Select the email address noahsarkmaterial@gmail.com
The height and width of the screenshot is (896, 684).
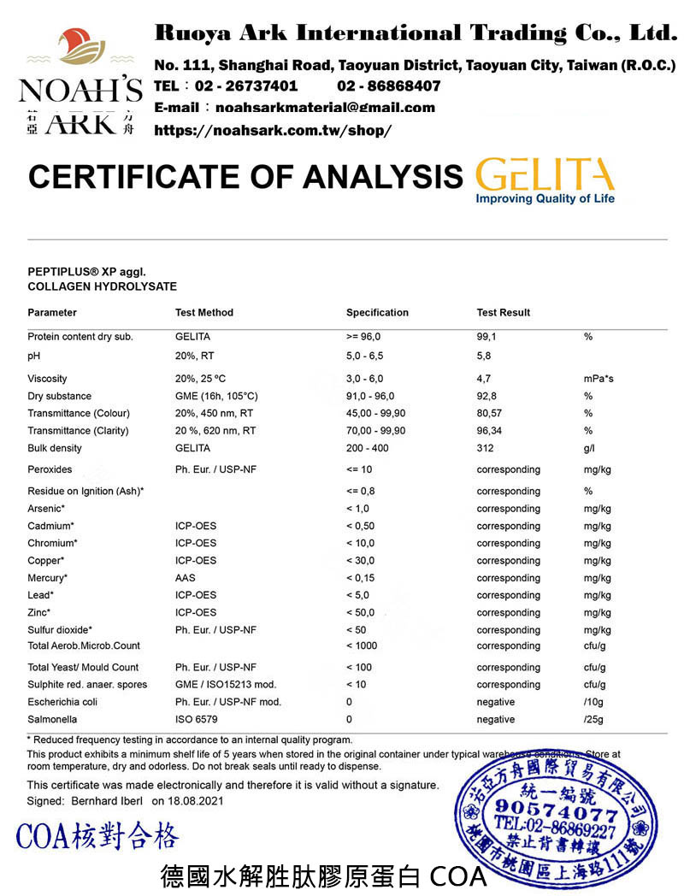[325, 108]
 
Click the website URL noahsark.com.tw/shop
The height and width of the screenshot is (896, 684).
[272, 131]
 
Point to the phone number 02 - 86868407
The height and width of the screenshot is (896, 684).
[389, 85]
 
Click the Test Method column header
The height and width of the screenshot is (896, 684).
[203, 312]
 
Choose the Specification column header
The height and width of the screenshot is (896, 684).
[377, 312]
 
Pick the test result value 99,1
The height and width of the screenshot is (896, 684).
[486, 337]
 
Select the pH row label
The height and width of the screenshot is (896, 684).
[34, 354]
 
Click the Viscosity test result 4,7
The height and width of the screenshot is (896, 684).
[483, 379]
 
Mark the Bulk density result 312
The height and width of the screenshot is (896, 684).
[485, 448]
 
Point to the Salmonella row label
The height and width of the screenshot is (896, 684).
[52, 720]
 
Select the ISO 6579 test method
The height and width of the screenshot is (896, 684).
[195, 720]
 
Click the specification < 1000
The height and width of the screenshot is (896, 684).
[362, 645]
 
